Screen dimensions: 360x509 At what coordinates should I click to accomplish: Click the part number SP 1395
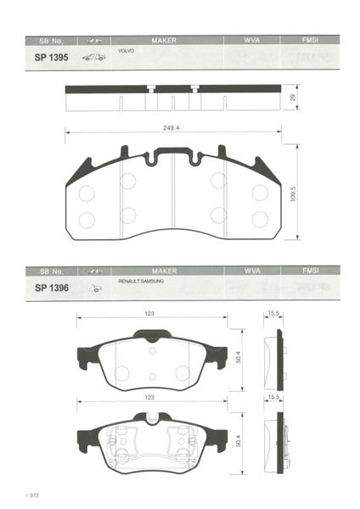coord(51,58)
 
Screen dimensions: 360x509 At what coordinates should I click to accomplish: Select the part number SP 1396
coord(52,288)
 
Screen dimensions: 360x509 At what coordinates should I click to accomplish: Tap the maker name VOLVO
coord(126,51)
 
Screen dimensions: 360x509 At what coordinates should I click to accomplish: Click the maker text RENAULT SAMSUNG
coord(141,281)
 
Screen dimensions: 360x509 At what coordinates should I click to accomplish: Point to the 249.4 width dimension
coord(172,128)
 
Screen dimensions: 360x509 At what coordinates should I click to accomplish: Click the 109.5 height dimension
coord(293,193)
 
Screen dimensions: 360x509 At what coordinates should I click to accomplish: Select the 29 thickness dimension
coord(293,98)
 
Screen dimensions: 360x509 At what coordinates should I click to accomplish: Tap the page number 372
coord(34,495)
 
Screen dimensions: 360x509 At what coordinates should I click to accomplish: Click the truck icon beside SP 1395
coord(94,58)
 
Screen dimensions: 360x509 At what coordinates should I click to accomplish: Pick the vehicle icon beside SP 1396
coord(95,288)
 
